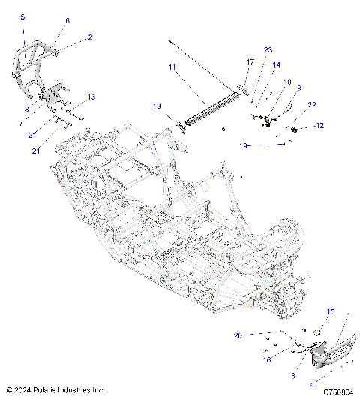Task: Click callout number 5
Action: [22, 16]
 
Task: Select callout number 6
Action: [67, 21]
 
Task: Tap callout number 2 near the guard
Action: [90, 36]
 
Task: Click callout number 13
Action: [91, 97]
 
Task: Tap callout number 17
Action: [250, 61]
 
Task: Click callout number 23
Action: [268, 49]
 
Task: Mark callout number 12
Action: [320, 125]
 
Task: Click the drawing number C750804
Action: [338, 391]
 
